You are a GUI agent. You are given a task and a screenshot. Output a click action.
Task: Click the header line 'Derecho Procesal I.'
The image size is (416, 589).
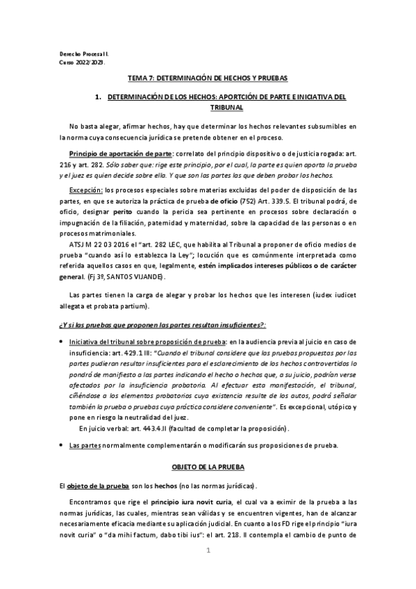(x=78, y=53)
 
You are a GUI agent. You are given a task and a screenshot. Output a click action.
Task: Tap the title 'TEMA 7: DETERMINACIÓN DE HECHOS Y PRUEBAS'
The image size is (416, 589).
(x=207, y=79)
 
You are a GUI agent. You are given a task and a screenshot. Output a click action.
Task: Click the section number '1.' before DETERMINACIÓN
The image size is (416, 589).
(x=98, y=98)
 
